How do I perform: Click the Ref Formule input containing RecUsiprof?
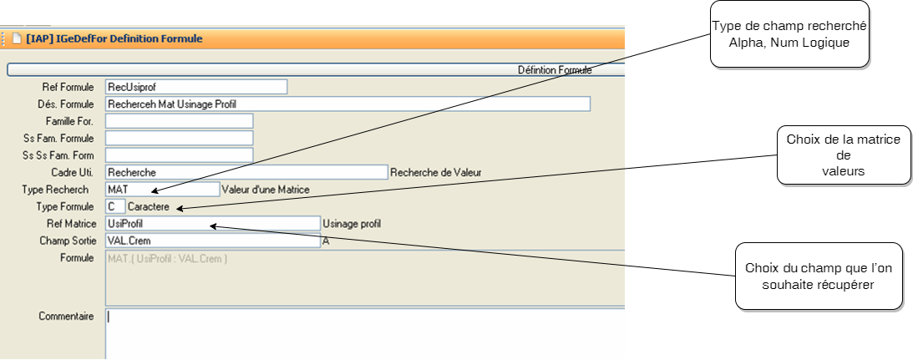point(196,87)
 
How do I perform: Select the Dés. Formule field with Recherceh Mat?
point(347,104)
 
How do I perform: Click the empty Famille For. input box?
point(179,121)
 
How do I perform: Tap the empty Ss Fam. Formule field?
point(179,138)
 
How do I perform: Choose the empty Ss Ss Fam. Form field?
point(179,155)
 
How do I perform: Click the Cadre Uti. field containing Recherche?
point(246,172)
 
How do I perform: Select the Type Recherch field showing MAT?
point(162,190)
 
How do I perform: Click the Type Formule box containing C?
point(115,206)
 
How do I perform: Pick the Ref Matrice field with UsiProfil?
point(213,224)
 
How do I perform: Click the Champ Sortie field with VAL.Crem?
point(213,241)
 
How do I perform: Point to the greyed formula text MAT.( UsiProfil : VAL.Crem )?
point(168,259)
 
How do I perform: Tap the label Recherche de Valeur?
point(437,173)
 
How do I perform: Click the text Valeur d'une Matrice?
point(266,190)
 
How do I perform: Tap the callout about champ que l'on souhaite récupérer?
point(818,276)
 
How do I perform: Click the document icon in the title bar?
point(16,38)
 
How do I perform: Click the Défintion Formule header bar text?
point(555,70)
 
